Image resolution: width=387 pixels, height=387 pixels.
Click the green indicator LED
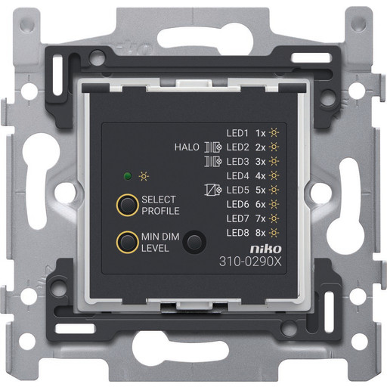(x=128, y=176)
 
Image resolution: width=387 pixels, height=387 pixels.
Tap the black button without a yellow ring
(x=194, y=242)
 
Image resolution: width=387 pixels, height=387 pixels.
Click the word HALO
(x=187, y=147)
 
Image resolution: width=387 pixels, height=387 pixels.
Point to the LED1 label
(x=237, y=133)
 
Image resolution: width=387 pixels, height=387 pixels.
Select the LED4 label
(x=237, y=175)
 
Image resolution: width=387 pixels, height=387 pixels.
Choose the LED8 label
(x=237, y=233)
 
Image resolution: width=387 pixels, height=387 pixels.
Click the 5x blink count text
(x=261, y=190)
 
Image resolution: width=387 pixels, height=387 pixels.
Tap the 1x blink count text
(x=261, y=133)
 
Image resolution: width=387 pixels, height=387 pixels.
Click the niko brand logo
(x=265, y=249)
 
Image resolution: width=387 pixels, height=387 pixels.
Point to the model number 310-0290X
(x=250, y=262)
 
